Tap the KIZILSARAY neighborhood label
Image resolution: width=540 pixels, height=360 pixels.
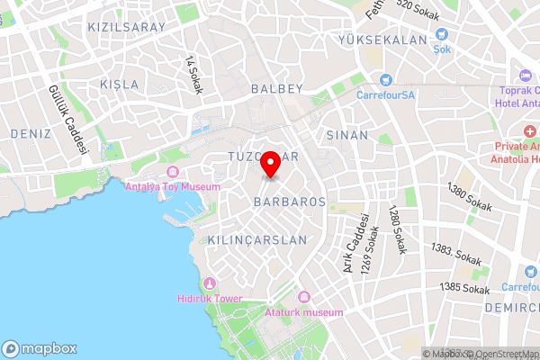coord(127,27)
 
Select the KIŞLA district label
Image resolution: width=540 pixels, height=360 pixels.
coord(120,84)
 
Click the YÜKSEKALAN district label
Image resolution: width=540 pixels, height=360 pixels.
coord(381,40)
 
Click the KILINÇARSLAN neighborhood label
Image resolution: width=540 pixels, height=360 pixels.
coord(257,240)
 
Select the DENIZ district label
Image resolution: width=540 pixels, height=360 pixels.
coord(32,133)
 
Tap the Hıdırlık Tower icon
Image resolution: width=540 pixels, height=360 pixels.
coord(210,283)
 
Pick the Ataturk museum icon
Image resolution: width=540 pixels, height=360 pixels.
coord(303,297)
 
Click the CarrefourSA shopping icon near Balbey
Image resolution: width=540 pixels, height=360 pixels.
coord(385,79)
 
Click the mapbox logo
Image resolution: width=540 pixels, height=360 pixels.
coord(40,348)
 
